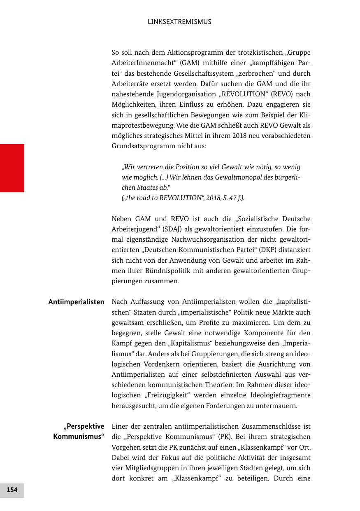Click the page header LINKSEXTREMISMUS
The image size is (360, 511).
point(179,22)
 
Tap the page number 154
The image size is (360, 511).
point(12,490)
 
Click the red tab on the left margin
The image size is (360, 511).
point(12,168)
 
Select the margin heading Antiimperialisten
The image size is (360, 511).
point(76,302)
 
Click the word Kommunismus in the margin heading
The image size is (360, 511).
point(79,436)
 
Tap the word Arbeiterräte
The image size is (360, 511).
point(131,84)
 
